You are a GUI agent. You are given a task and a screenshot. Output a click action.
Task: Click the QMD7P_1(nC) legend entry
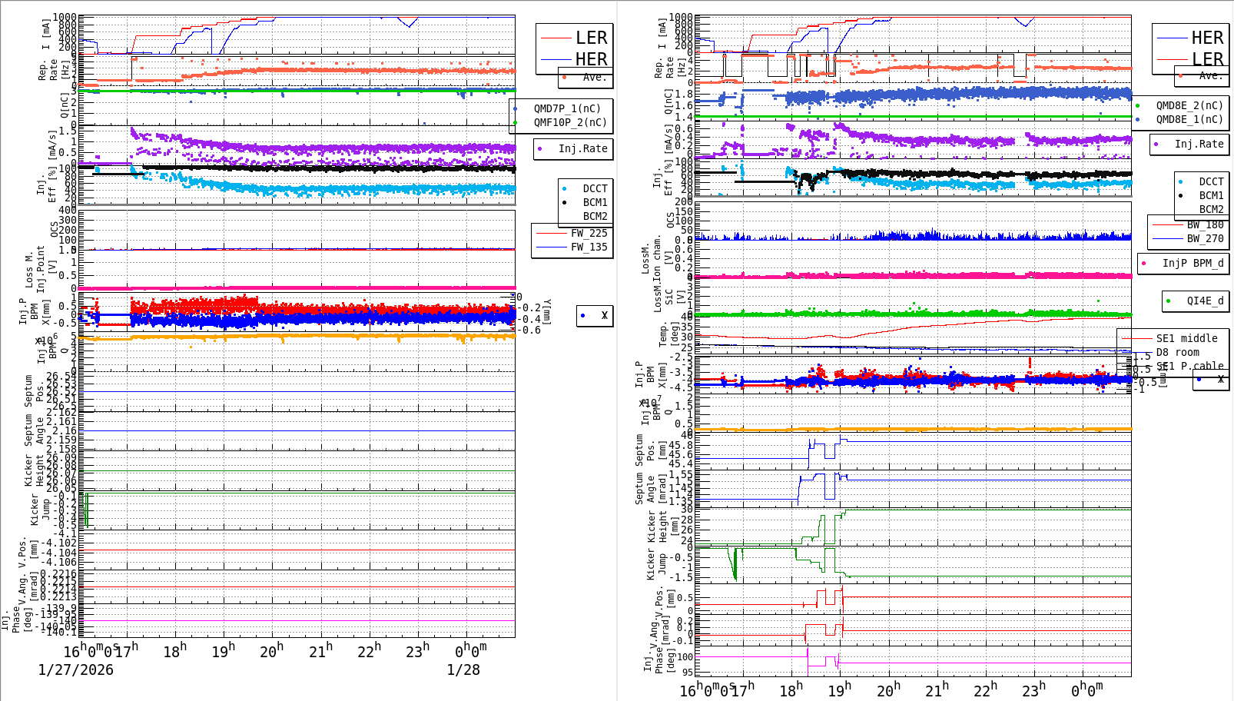pyautogui.click(x=567, y=108)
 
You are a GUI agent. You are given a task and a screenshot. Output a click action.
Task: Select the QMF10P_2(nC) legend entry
pyautogui.click(x=570, y=122)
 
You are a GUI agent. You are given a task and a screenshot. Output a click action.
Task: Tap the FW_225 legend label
pyautogui.click(x=589, y=233)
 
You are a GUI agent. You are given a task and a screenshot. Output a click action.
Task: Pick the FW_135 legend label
pyautogui.click(x=589, y=247)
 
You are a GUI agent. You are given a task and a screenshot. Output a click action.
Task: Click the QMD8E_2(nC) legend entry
pyautogui.click(x=1189, y=105)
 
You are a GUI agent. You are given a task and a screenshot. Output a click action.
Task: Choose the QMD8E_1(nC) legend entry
pyautogui.click(x=1189, y=119)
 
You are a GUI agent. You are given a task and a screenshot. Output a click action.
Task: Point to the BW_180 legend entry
pyautogui.click(x=1205, y=224)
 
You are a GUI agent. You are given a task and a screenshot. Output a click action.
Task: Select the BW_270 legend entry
pyautogui.click(x=1205, y=238)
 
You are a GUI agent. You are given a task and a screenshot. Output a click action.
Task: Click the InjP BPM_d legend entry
pyautogui.click(x=1193, y=263)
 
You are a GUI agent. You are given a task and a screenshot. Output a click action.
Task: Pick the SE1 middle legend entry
pyautogui.click(x=1186, y=338)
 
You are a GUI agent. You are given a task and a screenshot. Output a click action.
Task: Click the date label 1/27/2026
pyautogui.click(x=75, y=670)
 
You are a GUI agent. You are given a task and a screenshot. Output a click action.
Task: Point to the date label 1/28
pyautogui.click(x=463, y=670)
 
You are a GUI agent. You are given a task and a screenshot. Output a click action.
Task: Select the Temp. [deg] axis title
pyautogui.click(x=668, y=334)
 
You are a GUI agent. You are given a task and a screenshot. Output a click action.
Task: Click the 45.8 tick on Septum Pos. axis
pyautogui.click(x=680, y=445)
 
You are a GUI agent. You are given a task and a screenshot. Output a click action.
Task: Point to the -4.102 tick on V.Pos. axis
pyautogui.click(x=58, y=543)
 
